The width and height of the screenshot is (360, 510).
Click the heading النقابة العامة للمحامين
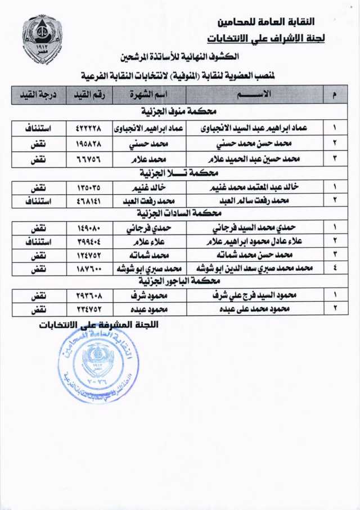coord(266,22)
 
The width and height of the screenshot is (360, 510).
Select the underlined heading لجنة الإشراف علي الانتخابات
coord(265,39)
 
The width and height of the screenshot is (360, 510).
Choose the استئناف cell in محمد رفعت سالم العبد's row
coord(37,200)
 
